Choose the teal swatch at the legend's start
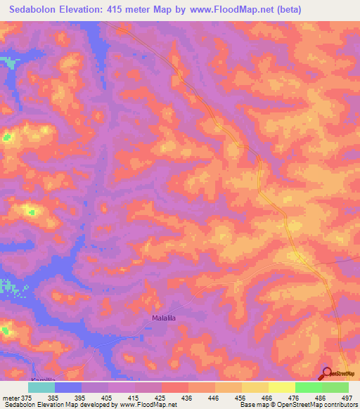coord(41,387)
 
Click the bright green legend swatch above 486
coord(309,387)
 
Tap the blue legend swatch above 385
coord(68,387)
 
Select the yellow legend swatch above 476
coord(282,387)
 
